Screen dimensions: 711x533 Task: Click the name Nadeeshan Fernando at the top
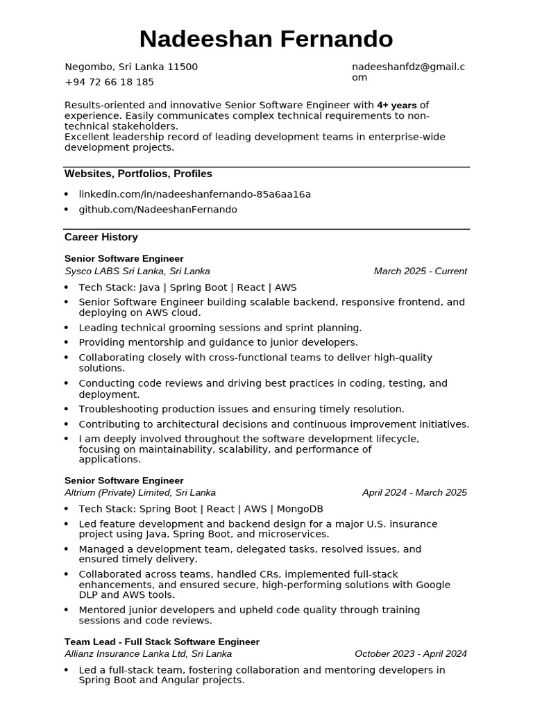pos(266,40)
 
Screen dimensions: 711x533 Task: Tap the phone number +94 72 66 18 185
pos(109,82)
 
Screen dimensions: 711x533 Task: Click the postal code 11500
pos(183,67)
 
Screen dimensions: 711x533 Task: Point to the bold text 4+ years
pos(397,106)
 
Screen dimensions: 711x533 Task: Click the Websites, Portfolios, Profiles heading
pos(138,174)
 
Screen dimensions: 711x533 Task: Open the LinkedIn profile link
pos(194,194)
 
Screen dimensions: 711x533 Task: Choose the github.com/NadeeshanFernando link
pos(158,210)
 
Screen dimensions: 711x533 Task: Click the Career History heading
pos(101,237)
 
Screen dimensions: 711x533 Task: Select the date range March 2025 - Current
pos(420,271)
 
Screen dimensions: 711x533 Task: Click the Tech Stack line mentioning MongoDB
pos(201,509)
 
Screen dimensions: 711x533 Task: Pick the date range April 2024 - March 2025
pos(414,493)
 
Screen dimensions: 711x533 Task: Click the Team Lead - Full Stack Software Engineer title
pos(162,642)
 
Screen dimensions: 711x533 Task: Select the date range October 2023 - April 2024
pos(410,654)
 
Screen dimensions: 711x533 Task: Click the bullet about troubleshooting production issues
pos(241,410)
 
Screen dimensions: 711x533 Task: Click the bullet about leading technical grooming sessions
pos(220,328)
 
